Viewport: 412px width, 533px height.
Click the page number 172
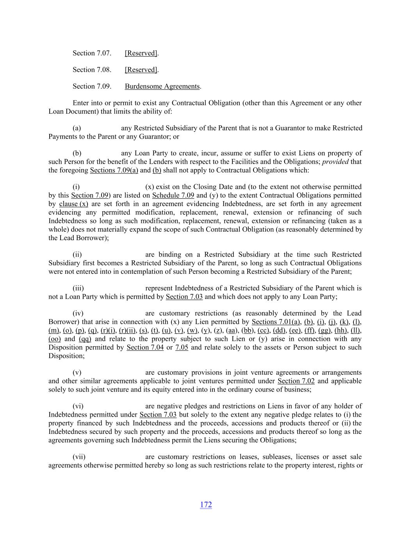pos(206,504)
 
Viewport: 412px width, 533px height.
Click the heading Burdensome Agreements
pos(162,86)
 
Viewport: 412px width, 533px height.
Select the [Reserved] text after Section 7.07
pos(141,53)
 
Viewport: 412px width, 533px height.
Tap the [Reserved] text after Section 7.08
pos(141,70)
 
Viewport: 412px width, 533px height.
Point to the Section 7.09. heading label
pos(92,86)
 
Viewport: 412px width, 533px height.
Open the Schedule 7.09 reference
pos(173,195)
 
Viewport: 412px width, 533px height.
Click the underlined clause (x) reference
pos(73,204)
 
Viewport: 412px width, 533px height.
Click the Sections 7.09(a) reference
pos(114,170)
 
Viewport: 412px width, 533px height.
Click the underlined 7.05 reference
pos(182,348)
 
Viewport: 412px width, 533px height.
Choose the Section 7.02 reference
pos(296,381)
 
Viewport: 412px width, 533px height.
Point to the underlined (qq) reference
pos(85,339)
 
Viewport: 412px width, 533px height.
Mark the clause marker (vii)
pos(79,457)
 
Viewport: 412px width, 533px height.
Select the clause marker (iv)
pos(78,313)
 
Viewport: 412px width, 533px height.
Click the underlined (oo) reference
pos(54,339)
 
